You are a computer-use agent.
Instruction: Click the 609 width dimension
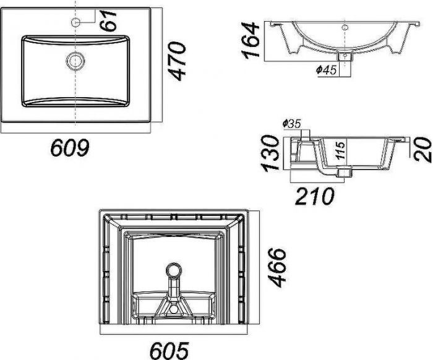coord(70,147)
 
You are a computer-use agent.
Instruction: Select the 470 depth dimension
coord(177,61)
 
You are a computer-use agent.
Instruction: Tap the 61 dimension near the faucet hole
coord(108,20)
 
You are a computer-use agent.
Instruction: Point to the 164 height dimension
coord(251,41)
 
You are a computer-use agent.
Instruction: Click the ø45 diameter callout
coord(327,70)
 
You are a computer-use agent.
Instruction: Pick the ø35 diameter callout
coord(291,124)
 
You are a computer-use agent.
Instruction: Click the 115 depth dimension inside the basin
coord(341,150)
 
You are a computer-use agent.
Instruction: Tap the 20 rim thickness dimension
coord(422,150)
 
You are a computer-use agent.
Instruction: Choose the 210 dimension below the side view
coord(314,196)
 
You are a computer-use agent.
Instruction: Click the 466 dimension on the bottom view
coord(277,267)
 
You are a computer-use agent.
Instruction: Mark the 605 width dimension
coord(169,350)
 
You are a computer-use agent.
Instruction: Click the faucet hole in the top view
coord(75,22)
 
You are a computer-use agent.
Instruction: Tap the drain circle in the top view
coord(75,61)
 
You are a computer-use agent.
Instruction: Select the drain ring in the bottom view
coord(174,270)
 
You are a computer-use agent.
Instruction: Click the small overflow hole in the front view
coord(345,27)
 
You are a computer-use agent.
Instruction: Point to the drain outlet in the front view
coord(345,56)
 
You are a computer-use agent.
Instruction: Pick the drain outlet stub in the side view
coord(345,173)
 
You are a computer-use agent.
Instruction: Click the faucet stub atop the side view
coord(306,134)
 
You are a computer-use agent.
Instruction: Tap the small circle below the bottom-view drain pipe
coord(174,309)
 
